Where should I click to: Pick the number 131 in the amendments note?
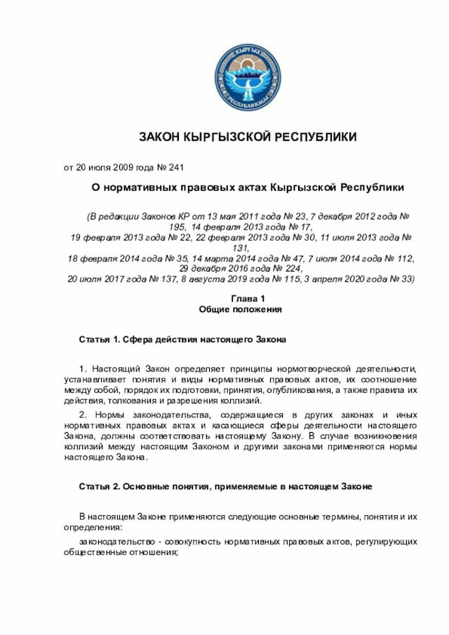click(241, 248)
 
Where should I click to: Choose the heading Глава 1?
click(241, 299)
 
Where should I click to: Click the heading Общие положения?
click(241, 309)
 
